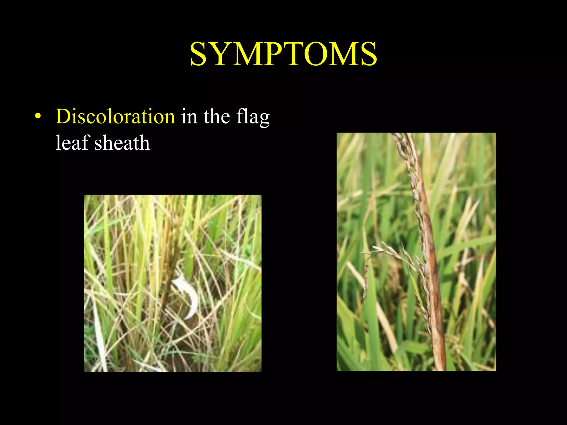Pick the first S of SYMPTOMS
pyautogui.click(x=200, y=54)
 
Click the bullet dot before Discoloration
pyautogui.click(x=38, y=116)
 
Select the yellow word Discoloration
pyautogui.click(x=115, y=116)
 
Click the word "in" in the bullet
pyautogui.click(x=189, y=116)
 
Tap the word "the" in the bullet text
pyautogui.click(x=217, y=116)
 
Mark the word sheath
pyautogui.click(x=122, y=143)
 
